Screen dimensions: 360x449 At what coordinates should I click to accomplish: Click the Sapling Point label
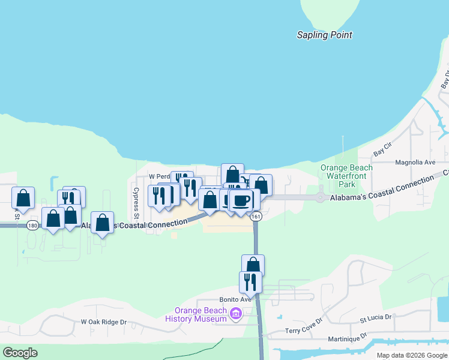[324, 35]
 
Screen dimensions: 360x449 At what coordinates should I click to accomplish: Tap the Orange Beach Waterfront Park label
[346, 176]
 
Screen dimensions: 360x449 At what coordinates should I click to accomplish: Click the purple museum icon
[235, 314]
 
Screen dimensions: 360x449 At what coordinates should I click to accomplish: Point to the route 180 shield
[32, 225]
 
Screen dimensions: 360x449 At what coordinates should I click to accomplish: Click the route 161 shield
[256, 216]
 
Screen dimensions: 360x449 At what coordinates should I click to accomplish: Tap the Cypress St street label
[136, 203]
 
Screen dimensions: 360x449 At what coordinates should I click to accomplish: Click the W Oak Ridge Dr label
[104, 322]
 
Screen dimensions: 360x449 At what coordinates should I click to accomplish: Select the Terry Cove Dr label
[304, 331]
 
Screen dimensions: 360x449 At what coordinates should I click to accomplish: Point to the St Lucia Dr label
[375, 317]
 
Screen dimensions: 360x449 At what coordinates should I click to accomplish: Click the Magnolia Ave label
[415, 162]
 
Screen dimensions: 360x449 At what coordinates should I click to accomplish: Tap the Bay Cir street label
[382, 146]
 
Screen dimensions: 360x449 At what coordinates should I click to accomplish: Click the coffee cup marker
[241, 200]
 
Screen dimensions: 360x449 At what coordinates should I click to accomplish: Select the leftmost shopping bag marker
[23, 197]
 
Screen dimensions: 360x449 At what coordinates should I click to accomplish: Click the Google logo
[20, 353]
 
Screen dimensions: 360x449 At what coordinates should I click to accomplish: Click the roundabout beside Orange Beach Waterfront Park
[321, 197]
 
